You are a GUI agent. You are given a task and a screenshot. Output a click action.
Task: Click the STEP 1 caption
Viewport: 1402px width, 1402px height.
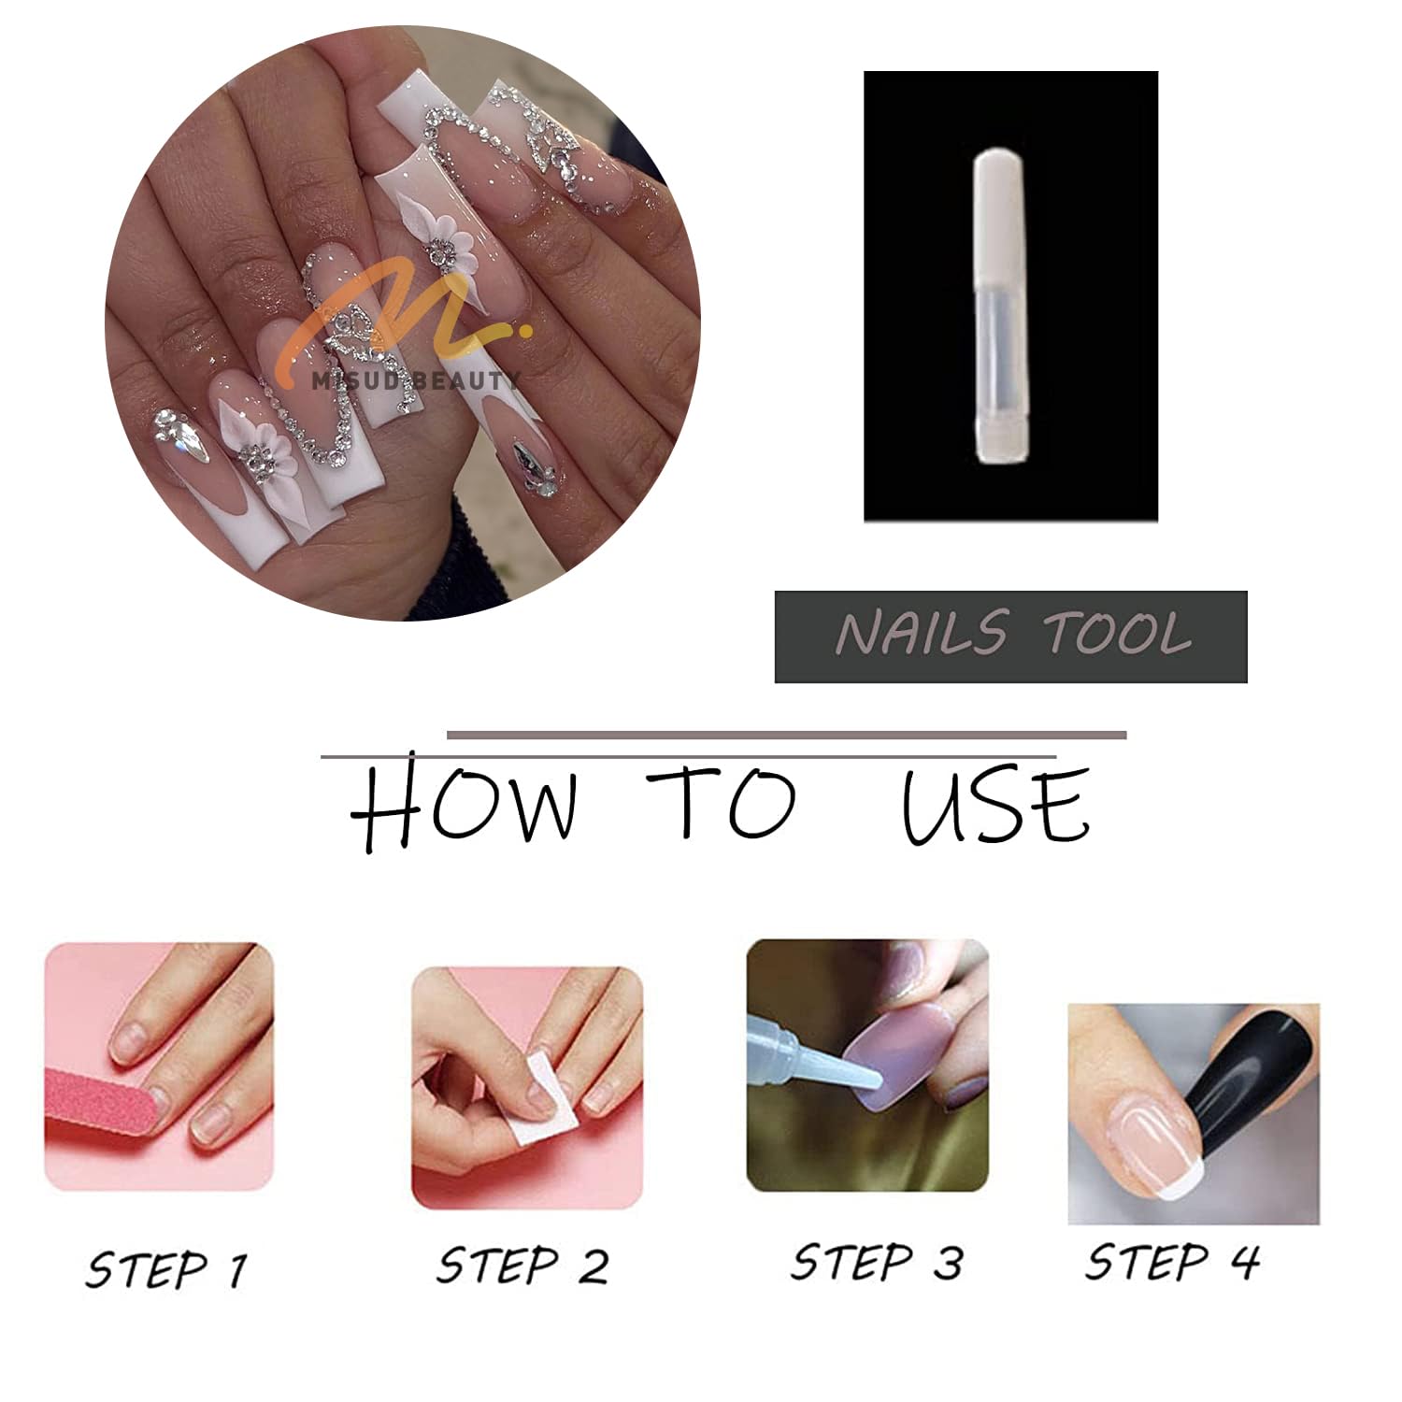click(x=166, y=1270)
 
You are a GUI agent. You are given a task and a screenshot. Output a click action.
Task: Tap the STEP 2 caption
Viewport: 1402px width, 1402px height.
click(x=522, y=1266)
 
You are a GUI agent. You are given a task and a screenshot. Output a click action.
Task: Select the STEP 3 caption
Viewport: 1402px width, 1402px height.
click(x=876, y=1262)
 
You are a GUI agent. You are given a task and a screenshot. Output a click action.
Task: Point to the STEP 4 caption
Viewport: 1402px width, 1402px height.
click(x=1172, y=1262)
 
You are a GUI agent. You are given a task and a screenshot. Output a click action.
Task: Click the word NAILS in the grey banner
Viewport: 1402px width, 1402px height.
click(x=922, y=634)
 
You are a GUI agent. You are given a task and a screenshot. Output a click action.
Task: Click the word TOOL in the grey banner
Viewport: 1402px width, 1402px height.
click(x=1117, y=634)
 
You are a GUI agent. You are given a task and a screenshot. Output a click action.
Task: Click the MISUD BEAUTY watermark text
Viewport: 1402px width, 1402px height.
click(x=417, y=380)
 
